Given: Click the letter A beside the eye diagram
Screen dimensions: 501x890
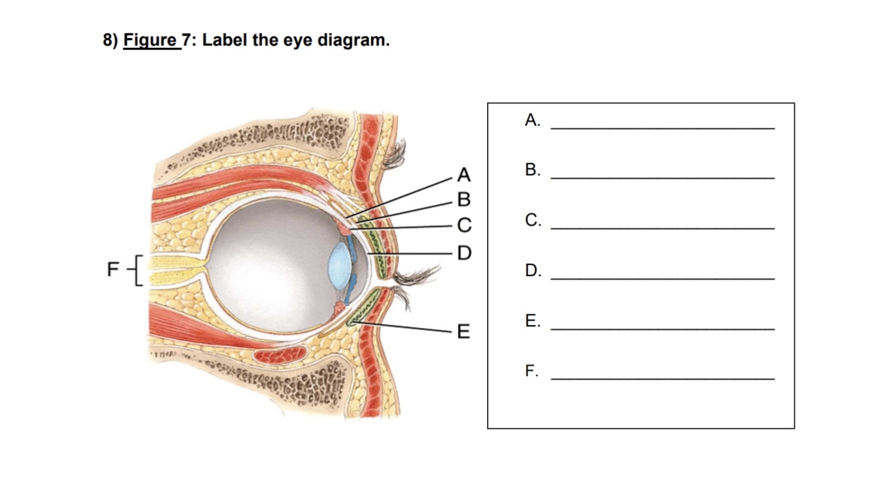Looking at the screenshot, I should coord(463,174).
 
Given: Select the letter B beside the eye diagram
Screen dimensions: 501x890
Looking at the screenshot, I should coord(463,199).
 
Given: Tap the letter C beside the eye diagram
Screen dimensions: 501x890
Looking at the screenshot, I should coord(463,225).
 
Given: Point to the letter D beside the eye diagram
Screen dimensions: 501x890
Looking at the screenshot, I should coord(464,252).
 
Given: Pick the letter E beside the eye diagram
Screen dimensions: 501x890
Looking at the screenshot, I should coord(463,332).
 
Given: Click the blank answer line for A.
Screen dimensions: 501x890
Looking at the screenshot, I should coord(662,128).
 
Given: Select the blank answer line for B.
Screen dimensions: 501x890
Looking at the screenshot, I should coord(662,178).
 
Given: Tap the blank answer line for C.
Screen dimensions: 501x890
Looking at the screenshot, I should coord(662,228).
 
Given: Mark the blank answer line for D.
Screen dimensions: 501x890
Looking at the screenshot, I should coord(662,278).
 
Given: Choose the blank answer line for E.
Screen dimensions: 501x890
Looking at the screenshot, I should coord(662,328).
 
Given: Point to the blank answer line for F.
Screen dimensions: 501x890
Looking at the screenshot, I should coord(662,379).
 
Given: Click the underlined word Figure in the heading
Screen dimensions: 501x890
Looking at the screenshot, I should coord(150,41).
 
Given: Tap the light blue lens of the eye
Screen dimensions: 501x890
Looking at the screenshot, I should coord(339,263).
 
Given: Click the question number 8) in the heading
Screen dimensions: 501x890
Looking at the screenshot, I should coord(111,41).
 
